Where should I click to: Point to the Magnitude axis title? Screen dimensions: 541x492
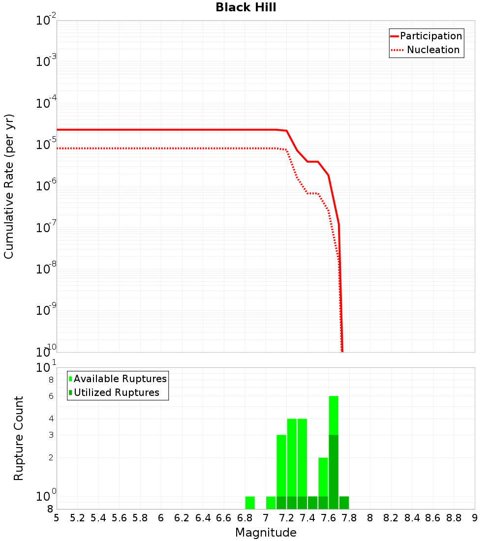(266, 533)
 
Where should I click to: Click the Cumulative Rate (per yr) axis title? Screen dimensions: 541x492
(9, 186)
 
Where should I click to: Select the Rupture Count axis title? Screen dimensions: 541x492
(19, 438)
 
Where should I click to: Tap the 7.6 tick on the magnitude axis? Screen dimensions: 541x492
(328, 518)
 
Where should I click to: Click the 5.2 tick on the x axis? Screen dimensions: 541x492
(77, 518)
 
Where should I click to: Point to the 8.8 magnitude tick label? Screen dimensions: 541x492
(454, 518)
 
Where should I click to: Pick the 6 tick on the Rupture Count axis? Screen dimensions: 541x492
(51, 396)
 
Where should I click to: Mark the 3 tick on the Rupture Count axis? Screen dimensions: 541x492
(51, 435)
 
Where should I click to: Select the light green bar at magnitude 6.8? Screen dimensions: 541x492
(250, 503)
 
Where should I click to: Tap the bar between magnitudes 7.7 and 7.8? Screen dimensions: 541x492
(344, 503)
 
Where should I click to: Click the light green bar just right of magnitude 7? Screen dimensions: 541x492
(271, 503)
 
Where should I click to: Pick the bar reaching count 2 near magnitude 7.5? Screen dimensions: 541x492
(323, 477)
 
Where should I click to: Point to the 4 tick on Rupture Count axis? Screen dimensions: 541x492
(51, 419)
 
